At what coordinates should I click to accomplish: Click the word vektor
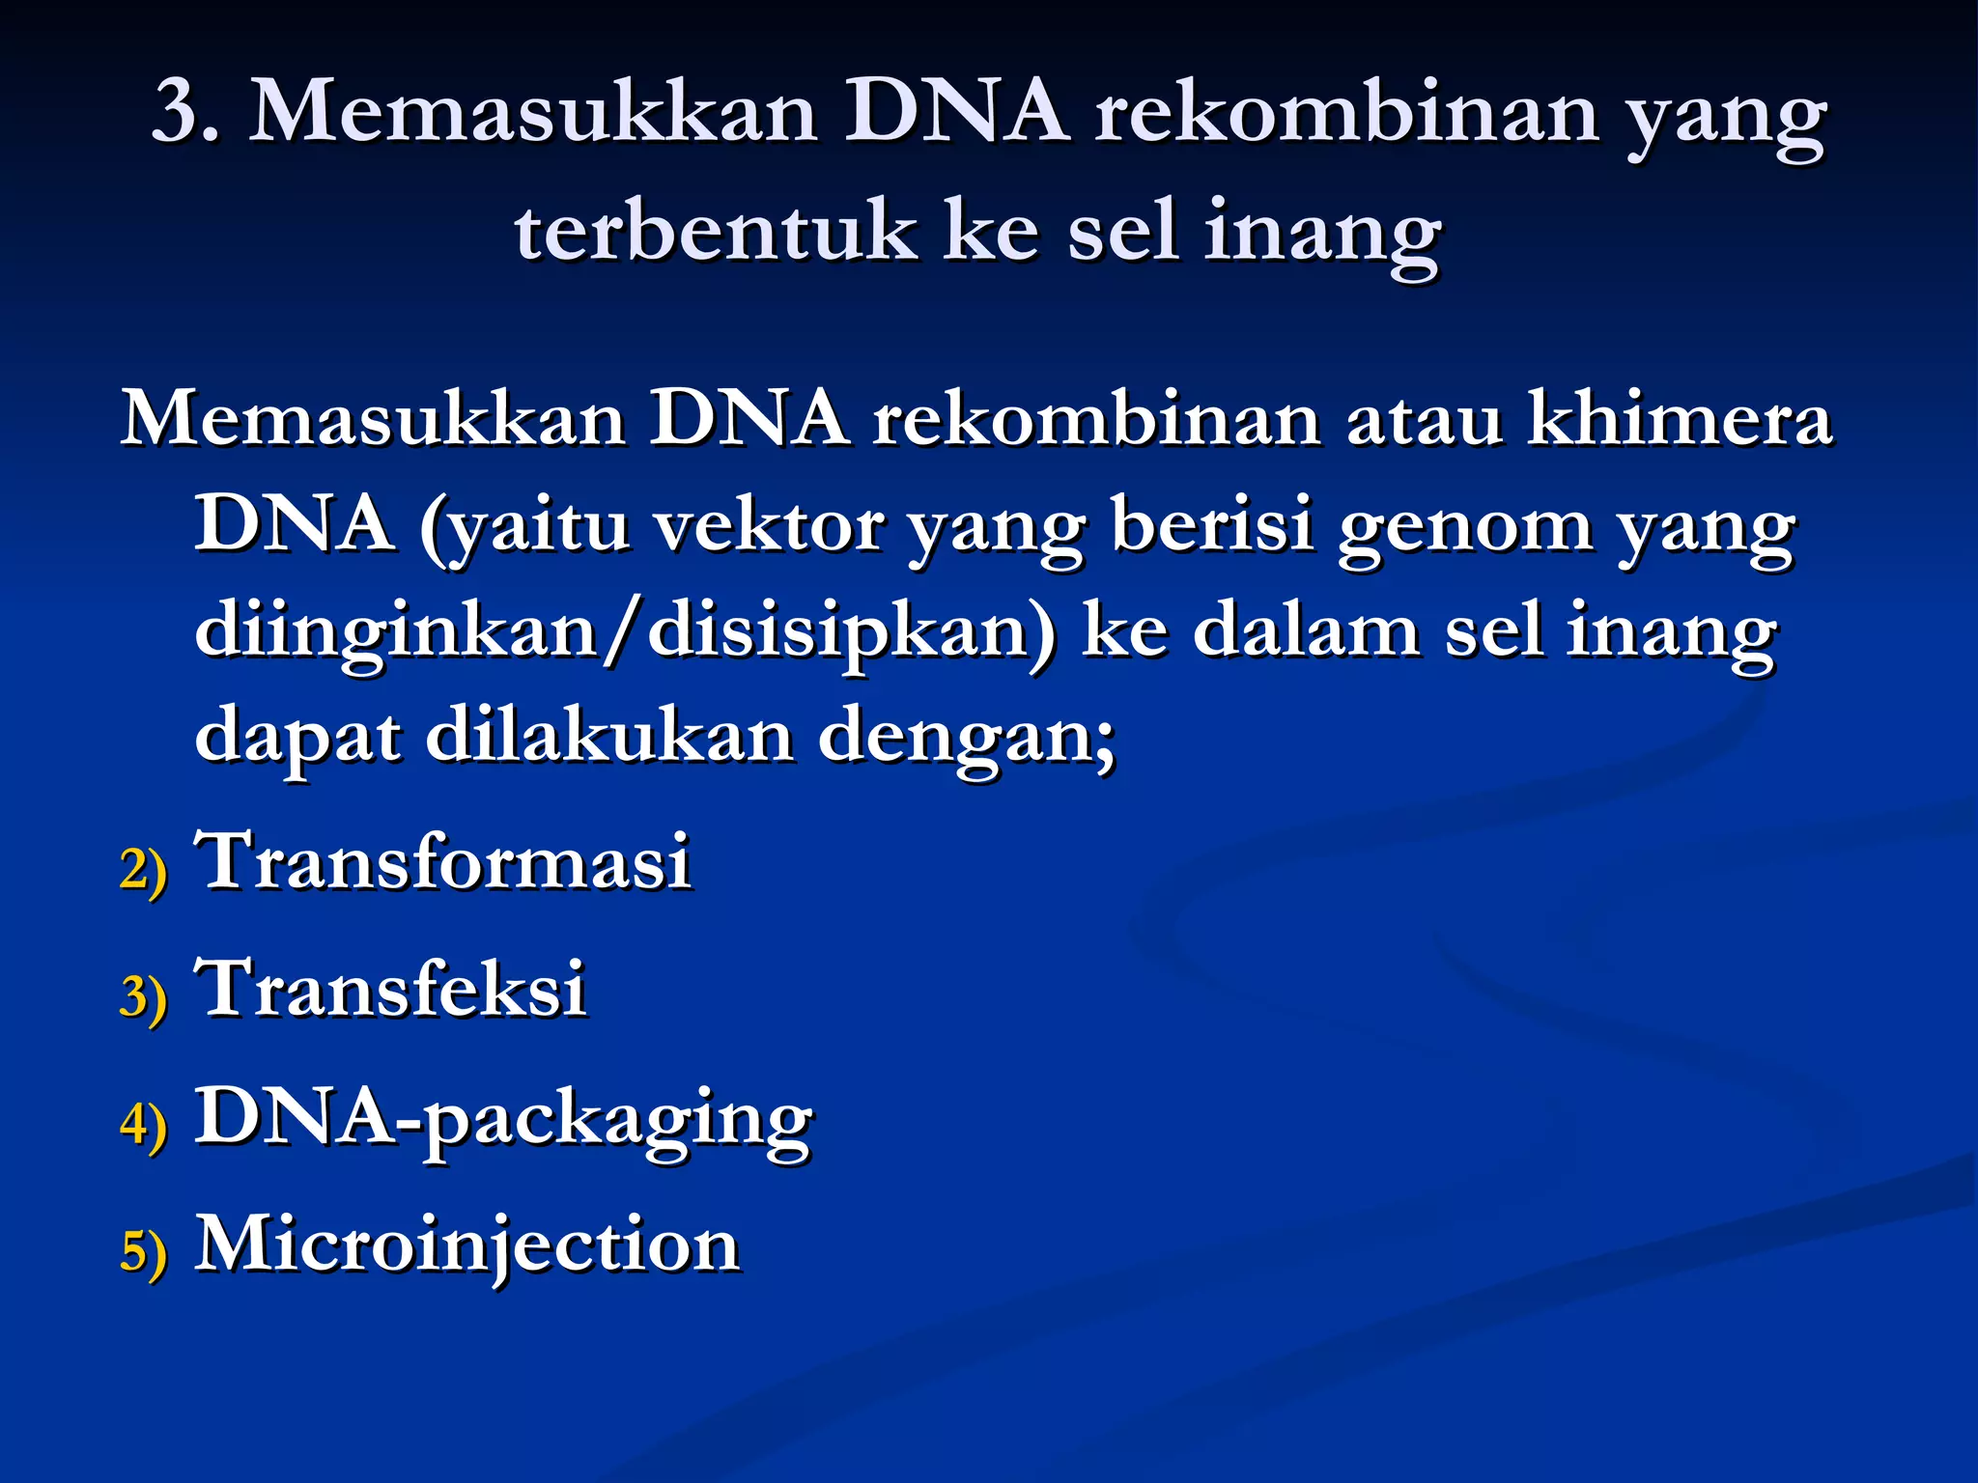tap(768, 526)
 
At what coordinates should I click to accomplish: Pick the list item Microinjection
tap(467, 1245)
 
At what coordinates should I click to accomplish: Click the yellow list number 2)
tap(144, 868)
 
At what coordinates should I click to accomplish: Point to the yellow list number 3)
tap(144, 995)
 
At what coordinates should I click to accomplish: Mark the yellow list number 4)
tap(144, 1124)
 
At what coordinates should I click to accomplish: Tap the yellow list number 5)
tap(144, 1251)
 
